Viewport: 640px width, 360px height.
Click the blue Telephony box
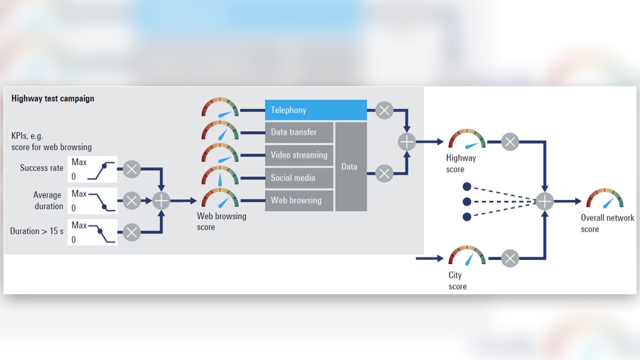tap(316, 110)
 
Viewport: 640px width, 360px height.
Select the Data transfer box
tap(299, 132)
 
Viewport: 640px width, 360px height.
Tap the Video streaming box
tap(299, 155)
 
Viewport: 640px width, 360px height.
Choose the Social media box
tap(299, 178)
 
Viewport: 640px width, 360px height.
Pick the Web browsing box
tap(299, 200)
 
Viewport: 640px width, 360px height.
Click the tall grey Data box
tap(351, 166)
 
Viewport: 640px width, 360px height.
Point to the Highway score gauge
tap(466, 140)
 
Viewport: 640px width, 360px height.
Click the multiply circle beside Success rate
tap(131, 169)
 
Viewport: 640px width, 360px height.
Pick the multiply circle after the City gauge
tap(510, 258)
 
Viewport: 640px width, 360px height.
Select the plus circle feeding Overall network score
tap(544, 201)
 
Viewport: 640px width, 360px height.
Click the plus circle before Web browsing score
tap(161, 201)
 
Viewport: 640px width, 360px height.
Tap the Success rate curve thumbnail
tap(93, 169)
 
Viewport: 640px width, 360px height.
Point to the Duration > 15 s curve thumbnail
tap(93, 232)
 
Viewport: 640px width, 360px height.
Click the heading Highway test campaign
tap(53, 98)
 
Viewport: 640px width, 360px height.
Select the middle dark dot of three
tap(467, 201)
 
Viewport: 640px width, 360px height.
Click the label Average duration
tap(48, 200)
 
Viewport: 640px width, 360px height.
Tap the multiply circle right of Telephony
tap(384, 110)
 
